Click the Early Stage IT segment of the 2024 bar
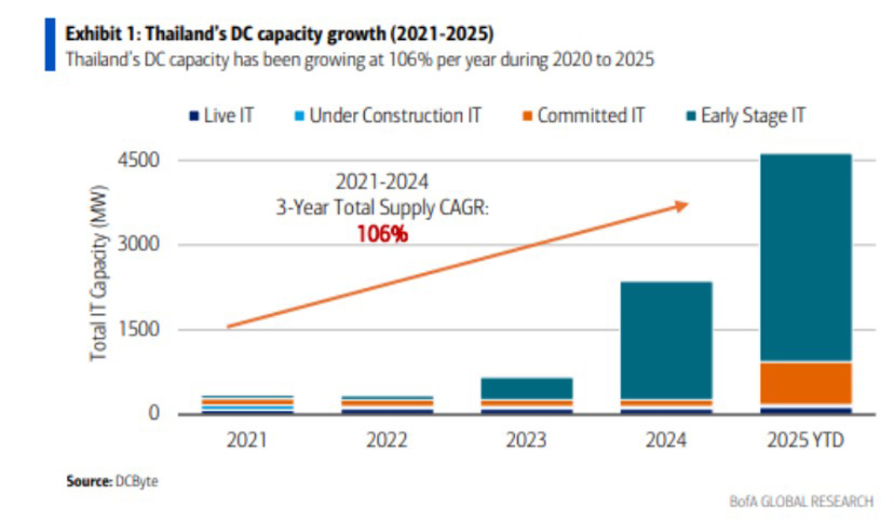[x=666, y=340]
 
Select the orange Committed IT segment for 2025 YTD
[x=806, y=383]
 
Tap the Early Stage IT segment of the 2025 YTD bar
[x=806, y=257]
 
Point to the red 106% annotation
[x=382, y=233]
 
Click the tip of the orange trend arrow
[x=687, y=204]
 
